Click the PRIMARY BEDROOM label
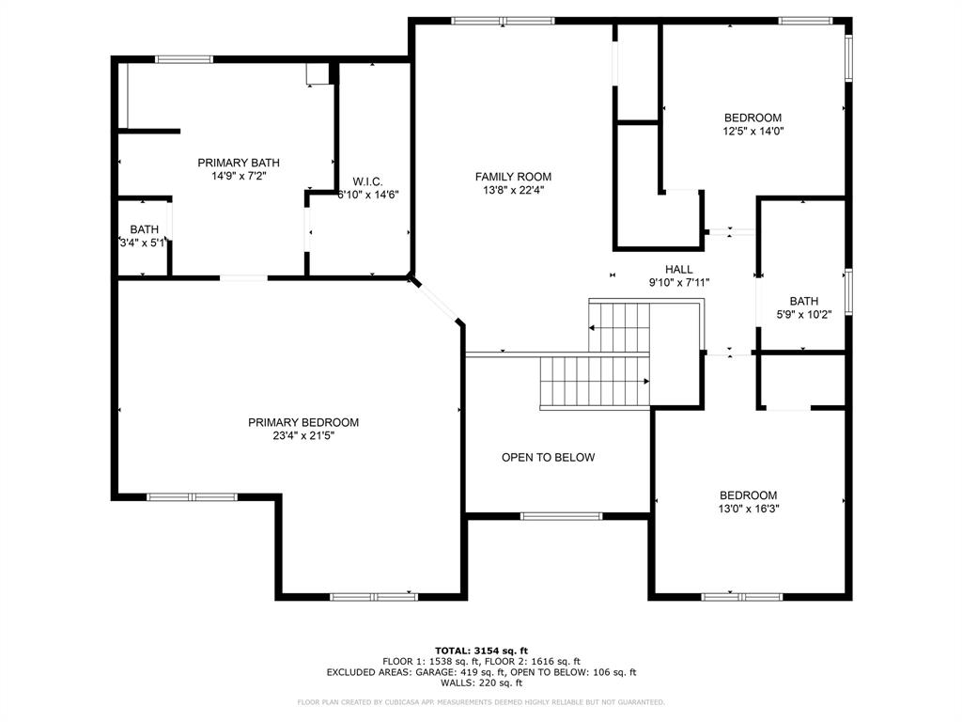pos(303,422)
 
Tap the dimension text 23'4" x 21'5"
pos(303,435)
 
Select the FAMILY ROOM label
pos(513,177)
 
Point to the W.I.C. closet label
pos(366,180)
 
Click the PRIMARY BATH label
pos(239,163)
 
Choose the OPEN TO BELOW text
pos(548,458)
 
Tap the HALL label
pos(678,269)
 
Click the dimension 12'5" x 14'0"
pos(753,132)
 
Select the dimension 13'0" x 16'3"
pos(749,509)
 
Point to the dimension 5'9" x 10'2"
pos(804,316)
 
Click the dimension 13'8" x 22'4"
pos(513,190)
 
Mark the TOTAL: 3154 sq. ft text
pos(481,651)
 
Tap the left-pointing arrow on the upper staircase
pos(594,328)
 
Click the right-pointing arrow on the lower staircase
pos(644,382)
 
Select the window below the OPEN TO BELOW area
pos(561,515)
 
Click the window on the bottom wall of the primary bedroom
pos(373,596)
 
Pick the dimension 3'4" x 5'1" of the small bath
pos(143,243)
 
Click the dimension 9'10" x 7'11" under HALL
pos(678,282)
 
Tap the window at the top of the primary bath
pos(184,59)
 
